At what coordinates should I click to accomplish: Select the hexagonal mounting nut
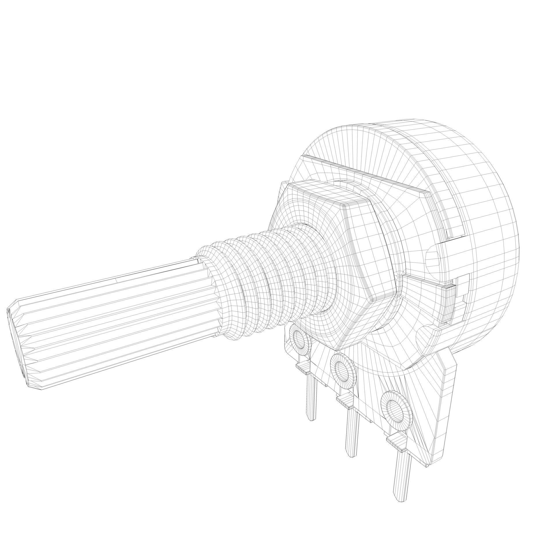[340, 260]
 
